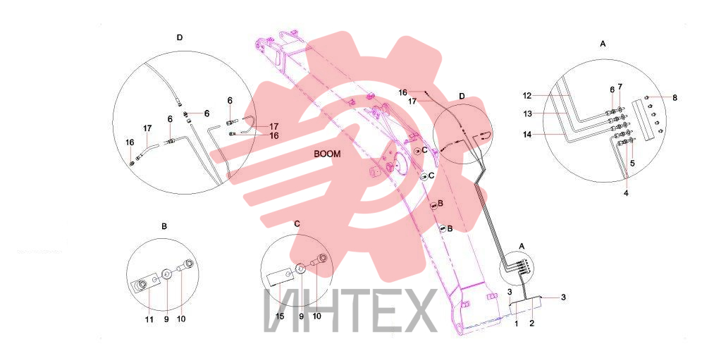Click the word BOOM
(x=327, y=154)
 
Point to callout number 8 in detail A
(x=675, y=97)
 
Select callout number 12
(x=527, y=95)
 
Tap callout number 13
(x=528, y=113)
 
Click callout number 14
(x=527, y=134)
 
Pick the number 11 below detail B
(x=149, y=319)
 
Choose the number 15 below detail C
(x=280, y=316)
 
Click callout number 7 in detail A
(x=620, y=86)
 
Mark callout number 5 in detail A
(x=632, y=164)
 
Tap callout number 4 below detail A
(x=626, y=193)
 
